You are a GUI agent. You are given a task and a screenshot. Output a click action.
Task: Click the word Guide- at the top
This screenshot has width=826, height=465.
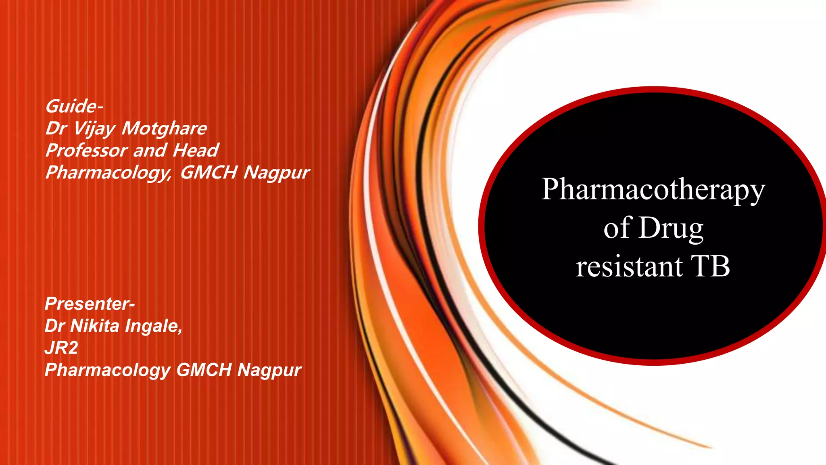point(74,107)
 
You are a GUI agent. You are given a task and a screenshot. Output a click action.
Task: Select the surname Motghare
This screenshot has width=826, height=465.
point(164,129)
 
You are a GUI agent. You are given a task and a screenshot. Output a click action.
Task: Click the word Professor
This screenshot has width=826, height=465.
point(86,151)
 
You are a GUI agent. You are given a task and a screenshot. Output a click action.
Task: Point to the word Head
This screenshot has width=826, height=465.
point(196,151)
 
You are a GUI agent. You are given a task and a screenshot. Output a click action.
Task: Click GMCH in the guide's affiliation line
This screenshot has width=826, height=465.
point(209,172)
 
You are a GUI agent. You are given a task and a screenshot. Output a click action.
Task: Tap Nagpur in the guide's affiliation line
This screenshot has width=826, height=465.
point(276,172)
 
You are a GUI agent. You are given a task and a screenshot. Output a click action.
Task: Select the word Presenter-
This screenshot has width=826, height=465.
point(90,304)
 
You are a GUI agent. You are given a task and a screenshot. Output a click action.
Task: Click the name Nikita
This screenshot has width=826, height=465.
point(95,326)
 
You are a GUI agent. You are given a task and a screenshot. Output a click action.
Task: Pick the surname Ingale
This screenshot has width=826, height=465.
point(153,326)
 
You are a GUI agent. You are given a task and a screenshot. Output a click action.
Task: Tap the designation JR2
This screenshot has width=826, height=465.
point(61,348)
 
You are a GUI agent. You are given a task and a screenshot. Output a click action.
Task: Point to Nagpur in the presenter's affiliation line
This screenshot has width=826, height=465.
point(269,370)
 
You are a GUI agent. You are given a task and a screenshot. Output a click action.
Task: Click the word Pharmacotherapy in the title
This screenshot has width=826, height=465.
point(653,190)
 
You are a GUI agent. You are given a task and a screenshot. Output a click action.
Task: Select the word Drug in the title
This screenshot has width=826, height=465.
point(671,228)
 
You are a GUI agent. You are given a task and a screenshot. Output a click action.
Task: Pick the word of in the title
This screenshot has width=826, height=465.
point(617,228)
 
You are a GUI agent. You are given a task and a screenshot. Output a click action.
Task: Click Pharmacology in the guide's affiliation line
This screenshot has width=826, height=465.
point(108,172)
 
